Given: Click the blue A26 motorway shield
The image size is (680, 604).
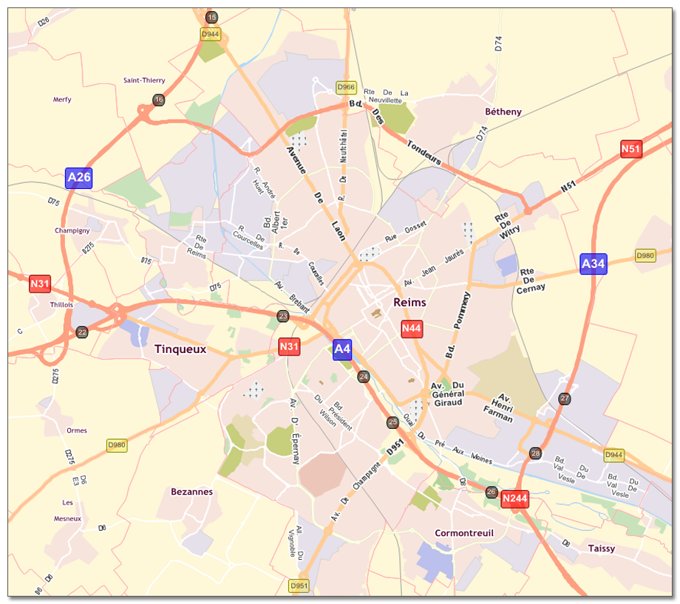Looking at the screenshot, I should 79,177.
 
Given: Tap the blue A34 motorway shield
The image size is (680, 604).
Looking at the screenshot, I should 594,264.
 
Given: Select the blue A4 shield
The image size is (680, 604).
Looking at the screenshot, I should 342,349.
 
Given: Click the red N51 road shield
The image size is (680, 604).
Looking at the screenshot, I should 630,149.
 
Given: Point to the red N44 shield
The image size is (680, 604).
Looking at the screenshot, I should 412,329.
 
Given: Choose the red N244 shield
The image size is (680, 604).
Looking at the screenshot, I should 514,499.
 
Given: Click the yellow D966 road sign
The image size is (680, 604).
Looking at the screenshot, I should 346,87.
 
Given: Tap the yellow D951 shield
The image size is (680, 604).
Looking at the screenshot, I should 299,586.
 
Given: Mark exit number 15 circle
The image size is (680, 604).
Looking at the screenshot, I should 212,18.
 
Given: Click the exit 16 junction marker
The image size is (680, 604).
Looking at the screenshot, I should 158,100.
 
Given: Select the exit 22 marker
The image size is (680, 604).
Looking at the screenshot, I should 82,332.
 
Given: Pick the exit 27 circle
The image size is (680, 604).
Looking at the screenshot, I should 565,399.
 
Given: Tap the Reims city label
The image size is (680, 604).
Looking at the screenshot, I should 410,303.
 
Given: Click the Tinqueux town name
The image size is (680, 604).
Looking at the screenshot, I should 180,349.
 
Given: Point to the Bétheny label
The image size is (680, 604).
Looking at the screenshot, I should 503,112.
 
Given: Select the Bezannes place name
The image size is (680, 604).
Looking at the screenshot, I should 191,492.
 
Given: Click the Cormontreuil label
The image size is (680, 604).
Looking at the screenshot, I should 463,533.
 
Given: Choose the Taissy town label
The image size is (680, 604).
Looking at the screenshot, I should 602,549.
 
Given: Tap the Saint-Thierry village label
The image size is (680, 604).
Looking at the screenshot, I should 144,80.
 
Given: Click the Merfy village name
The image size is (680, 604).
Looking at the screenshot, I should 63,100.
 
